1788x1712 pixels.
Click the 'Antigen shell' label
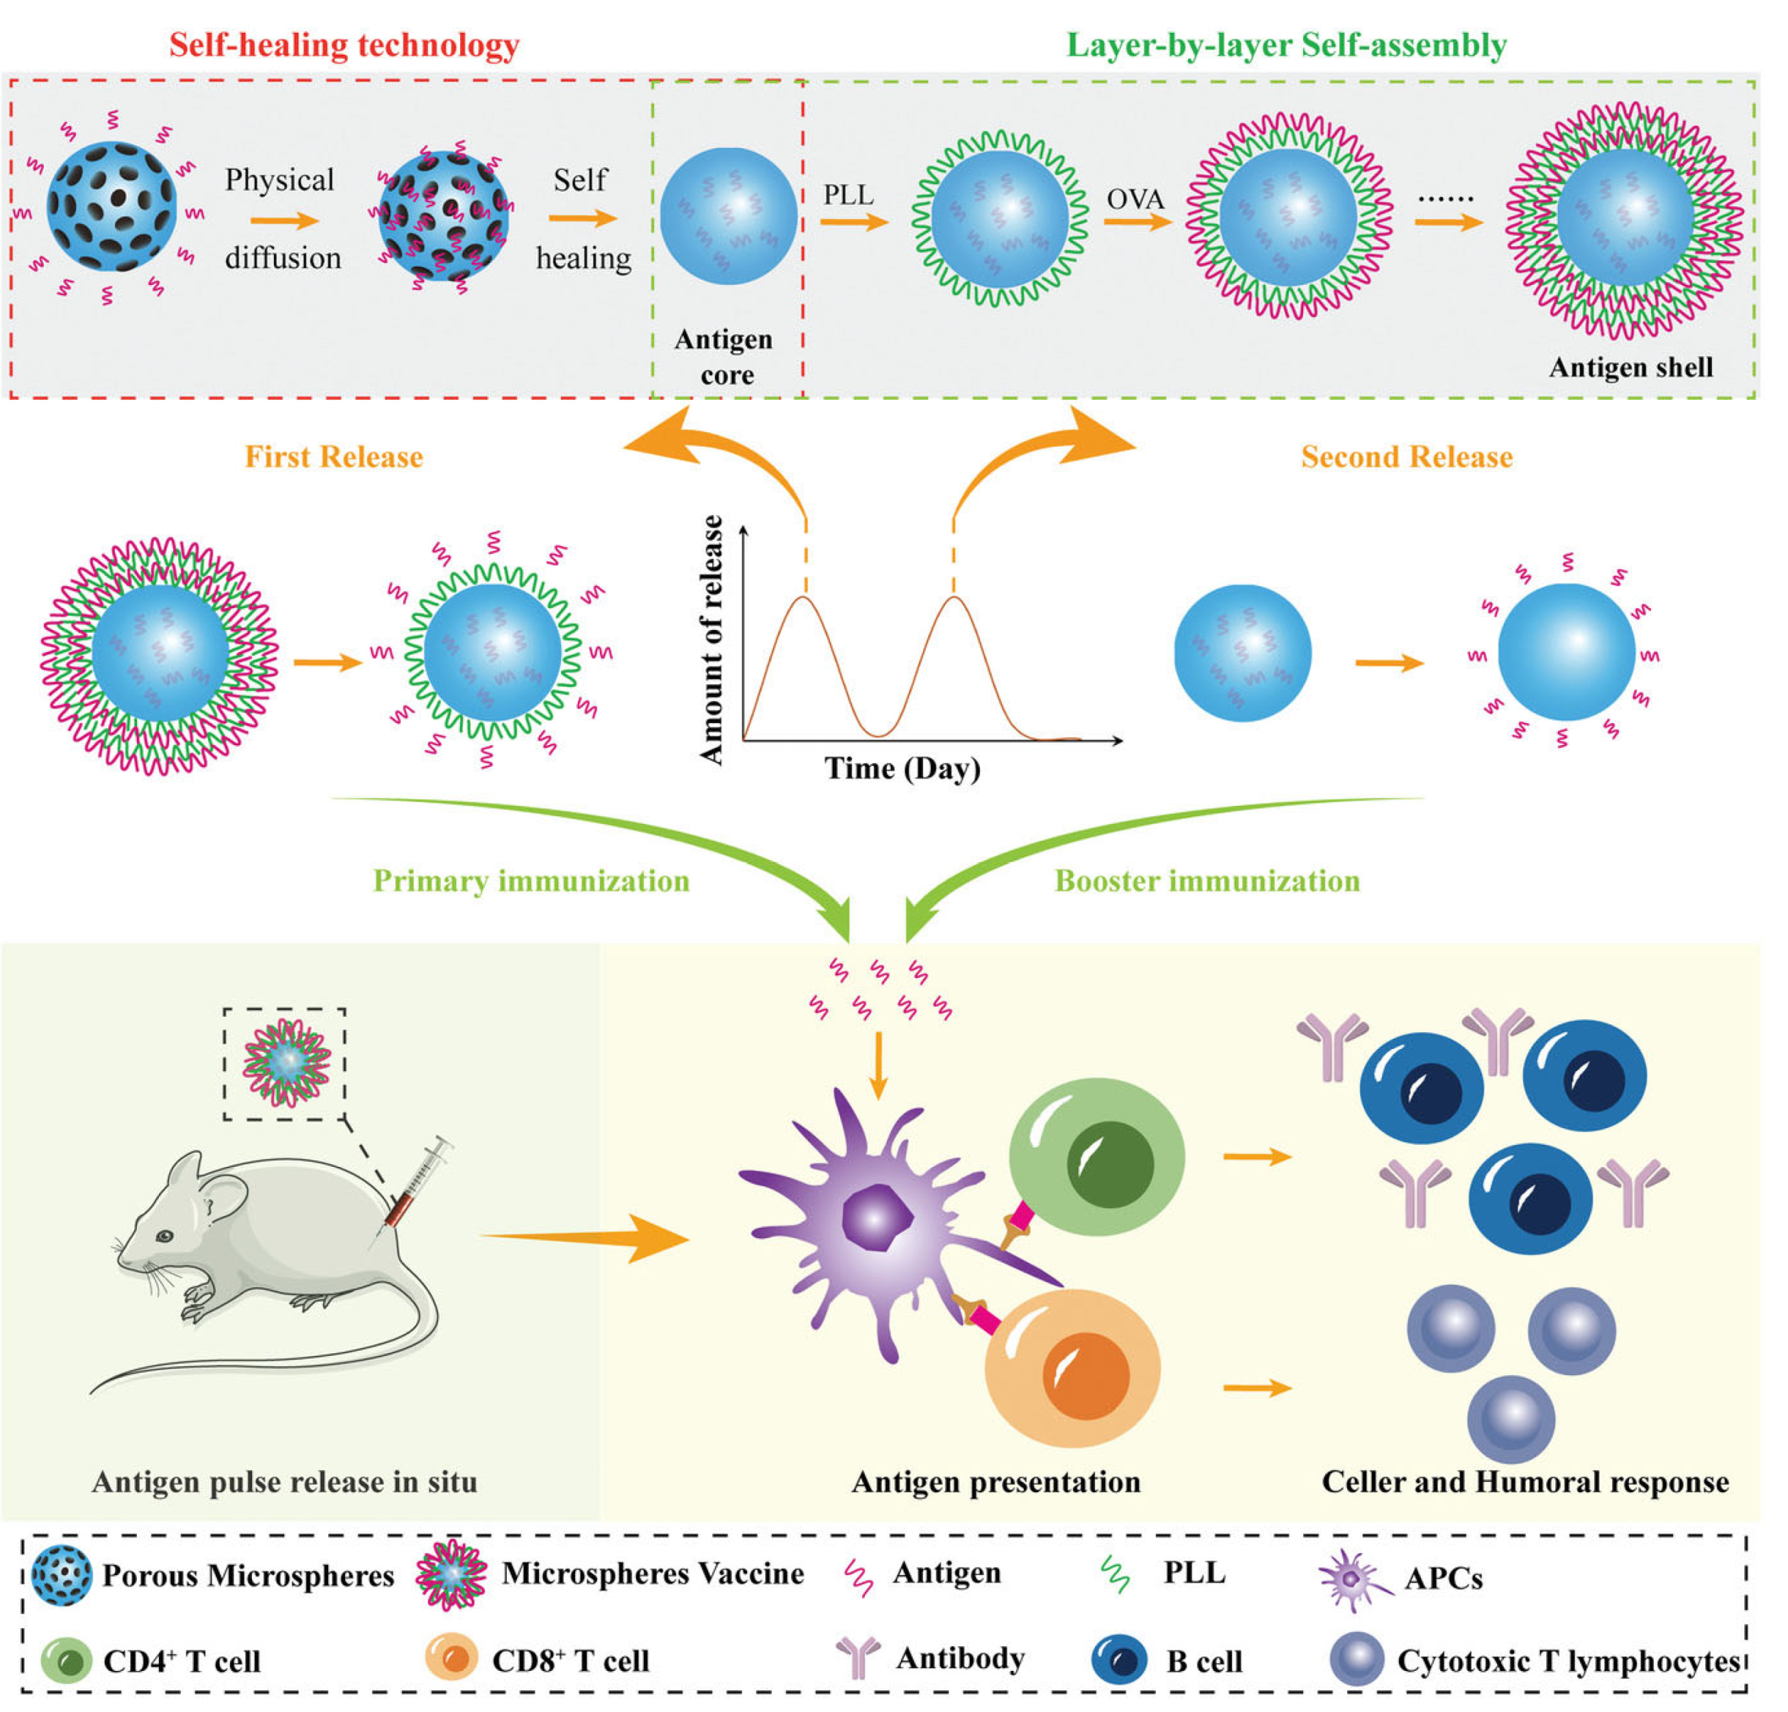(1631, 368)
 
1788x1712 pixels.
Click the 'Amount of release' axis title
(712, 638)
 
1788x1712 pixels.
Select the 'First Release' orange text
(334, 457)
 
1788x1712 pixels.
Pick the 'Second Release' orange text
(1407, 457)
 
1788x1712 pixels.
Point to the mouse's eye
(165, 1237)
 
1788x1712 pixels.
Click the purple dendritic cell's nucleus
(876, 1218)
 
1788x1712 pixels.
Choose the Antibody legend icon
(857, 1657)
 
